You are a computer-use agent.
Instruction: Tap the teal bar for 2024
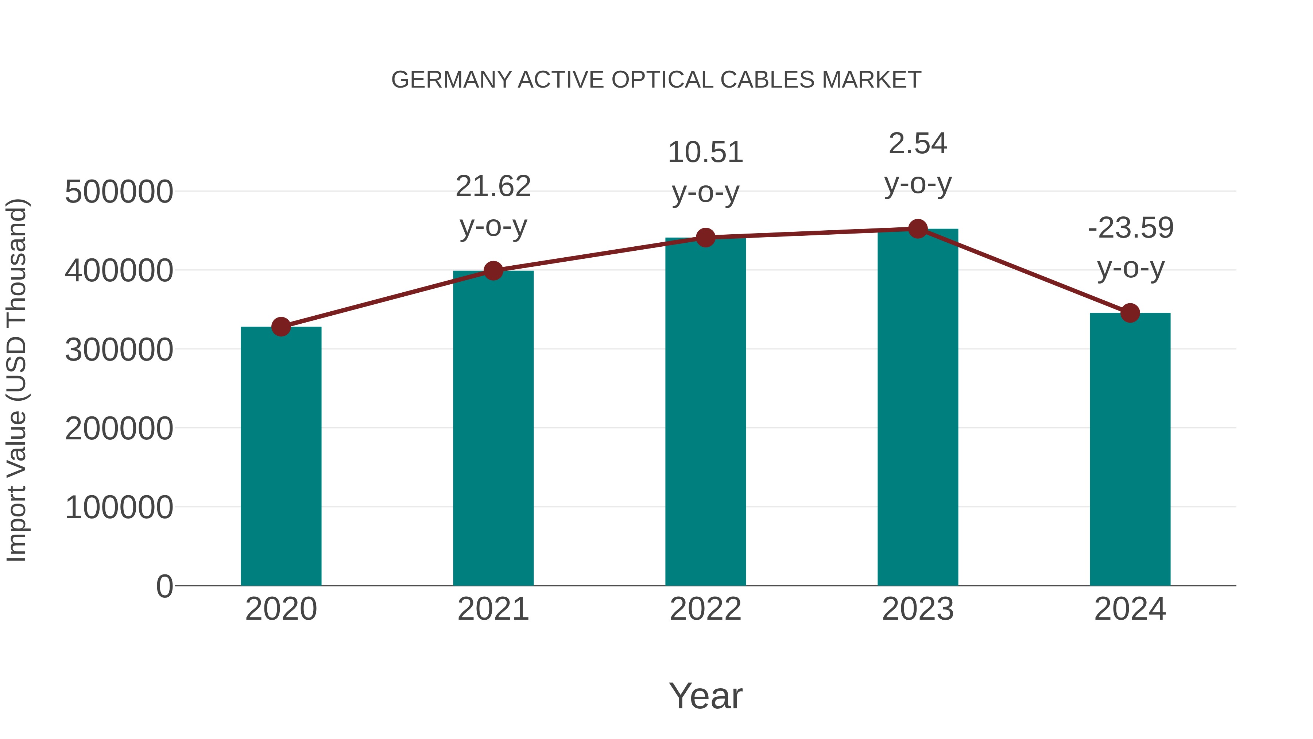(1130, 449)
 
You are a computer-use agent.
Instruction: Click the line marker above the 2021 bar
(493, 271)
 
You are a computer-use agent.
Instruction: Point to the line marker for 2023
(918, 229)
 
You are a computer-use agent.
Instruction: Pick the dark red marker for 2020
(281, 326)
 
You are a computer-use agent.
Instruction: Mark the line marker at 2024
(1130, 313)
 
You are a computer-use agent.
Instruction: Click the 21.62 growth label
(493, 186)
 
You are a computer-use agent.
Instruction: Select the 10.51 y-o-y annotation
(705, 153)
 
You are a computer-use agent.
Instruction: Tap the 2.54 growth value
(918, 144)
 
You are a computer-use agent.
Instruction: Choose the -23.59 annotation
(1130, 228)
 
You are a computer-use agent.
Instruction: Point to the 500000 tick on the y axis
(119, 192)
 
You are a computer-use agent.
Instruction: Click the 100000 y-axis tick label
(119, 508)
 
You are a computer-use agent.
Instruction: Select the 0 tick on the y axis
(164, 586)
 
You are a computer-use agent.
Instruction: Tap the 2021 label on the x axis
(493, 609)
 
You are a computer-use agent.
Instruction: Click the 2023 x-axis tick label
(918, 609)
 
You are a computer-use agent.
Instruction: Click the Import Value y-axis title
(16, 380)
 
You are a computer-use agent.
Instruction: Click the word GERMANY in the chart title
(451, 80)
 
